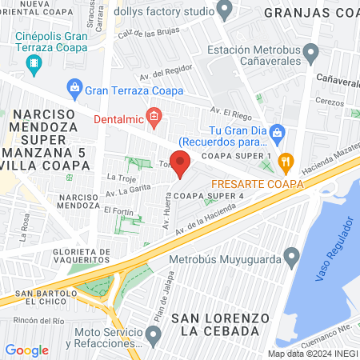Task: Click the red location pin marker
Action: click(181, 165)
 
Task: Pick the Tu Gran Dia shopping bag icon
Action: click(277, 131)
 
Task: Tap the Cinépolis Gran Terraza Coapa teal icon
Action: click(34, 62)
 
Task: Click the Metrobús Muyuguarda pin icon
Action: click(291, 258)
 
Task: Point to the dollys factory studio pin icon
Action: click(225, 11)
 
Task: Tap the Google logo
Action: click(26, 350)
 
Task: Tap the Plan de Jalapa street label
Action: click(166, 282)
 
